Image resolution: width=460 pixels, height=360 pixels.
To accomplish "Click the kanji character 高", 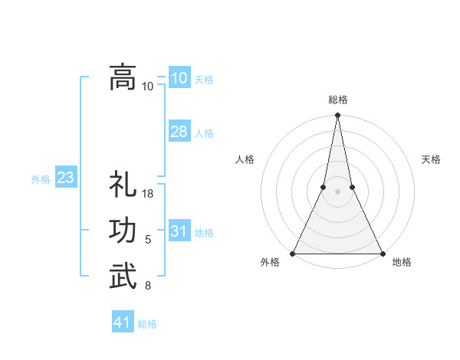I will (x=123, y=77).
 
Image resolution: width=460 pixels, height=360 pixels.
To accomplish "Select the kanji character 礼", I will (x=123, y=185).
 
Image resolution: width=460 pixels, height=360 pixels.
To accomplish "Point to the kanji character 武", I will (x=123, y=277).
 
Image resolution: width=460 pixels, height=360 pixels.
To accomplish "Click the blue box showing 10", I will (x=179, y=78).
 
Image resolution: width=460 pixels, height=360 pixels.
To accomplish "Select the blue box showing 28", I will (x=179, y=132).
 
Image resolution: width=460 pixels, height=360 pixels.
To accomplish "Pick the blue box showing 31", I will (x=179, y=231).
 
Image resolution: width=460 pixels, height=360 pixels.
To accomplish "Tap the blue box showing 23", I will (x=65, y=178).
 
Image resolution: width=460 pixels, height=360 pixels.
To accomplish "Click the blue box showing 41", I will (x=123, y=322).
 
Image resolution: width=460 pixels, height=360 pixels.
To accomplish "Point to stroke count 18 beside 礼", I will (x=149, y=195).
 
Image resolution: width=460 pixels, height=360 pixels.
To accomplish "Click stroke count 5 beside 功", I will (x=148, y=241).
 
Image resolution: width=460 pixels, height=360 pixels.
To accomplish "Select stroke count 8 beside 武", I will (x=148, y=286).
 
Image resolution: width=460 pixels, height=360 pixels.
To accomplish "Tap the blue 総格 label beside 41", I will (x=147, y=324).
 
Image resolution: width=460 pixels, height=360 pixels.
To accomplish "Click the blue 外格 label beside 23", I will (x=41, y=179).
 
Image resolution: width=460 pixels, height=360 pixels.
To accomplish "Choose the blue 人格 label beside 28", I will (x=204, y=133).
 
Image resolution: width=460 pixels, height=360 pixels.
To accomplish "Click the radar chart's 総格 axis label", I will (x=337, y=100).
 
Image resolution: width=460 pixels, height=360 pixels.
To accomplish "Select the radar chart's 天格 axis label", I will (x=431, y=159).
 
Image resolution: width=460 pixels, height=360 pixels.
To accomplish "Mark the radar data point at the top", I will (x=337, y=116).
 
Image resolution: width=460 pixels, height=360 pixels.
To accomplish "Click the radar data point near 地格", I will (x=382, y=254).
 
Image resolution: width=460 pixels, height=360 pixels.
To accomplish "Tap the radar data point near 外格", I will (x=293, y=254).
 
